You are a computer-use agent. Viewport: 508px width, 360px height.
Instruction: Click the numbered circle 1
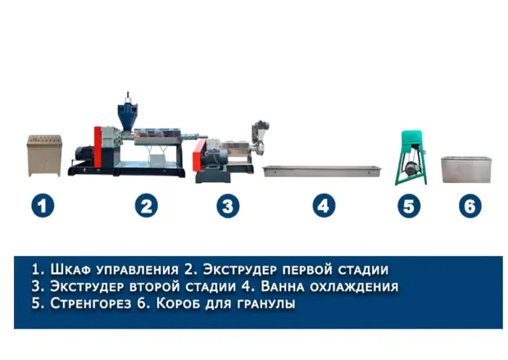click(43, 206)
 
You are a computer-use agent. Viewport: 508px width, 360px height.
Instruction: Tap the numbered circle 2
click(147, 206)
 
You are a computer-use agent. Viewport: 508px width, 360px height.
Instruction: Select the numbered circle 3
click(228, 206)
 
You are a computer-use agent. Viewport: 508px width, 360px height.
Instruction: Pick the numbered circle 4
click(324, 206)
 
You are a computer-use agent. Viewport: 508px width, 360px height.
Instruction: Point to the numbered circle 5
click(409, 206)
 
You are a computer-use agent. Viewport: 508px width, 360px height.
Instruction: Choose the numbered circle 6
click(470, 206)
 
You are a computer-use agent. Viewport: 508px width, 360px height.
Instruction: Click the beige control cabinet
click(44, 156)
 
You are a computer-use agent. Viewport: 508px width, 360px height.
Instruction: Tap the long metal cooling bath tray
click(322, 171)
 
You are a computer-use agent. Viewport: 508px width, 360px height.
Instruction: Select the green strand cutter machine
click(411, 157)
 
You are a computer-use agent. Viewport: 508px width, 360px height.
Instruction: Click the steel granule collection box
click(466, 169)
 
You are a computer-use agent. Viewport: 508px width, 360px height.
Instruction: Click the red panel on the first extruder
click(98, 148)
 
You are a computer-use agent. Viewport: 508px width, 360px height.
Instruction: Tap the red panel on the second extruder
click(197, 155)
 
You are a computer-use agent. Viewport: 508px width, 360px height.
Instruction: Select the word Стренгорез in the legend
click(91, 304)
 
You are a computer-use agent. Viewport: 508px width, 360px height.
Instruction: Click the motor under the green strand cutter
click(410, 167)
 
